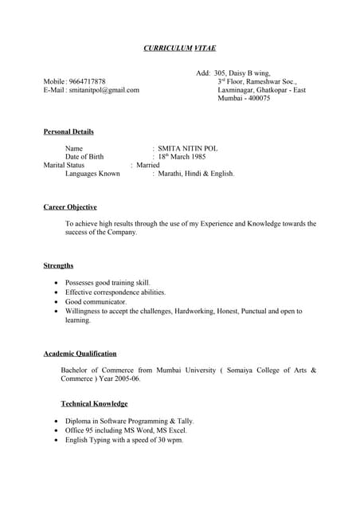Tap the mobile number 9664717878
(87, 82)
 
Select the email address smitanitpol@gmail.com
(104, 91)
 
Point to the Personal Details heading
(68, 131)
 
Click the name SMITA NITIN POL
(188, 148)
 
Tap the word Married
(148, 165)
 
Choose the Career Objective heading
(70, 207)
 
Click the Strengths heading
(59, 265)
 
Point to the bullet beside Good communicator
(54, 302)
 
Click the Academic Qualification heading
(80, 353)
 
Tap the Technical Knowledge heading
(94, 404)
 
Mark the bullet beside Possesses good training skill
(54, 283)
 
